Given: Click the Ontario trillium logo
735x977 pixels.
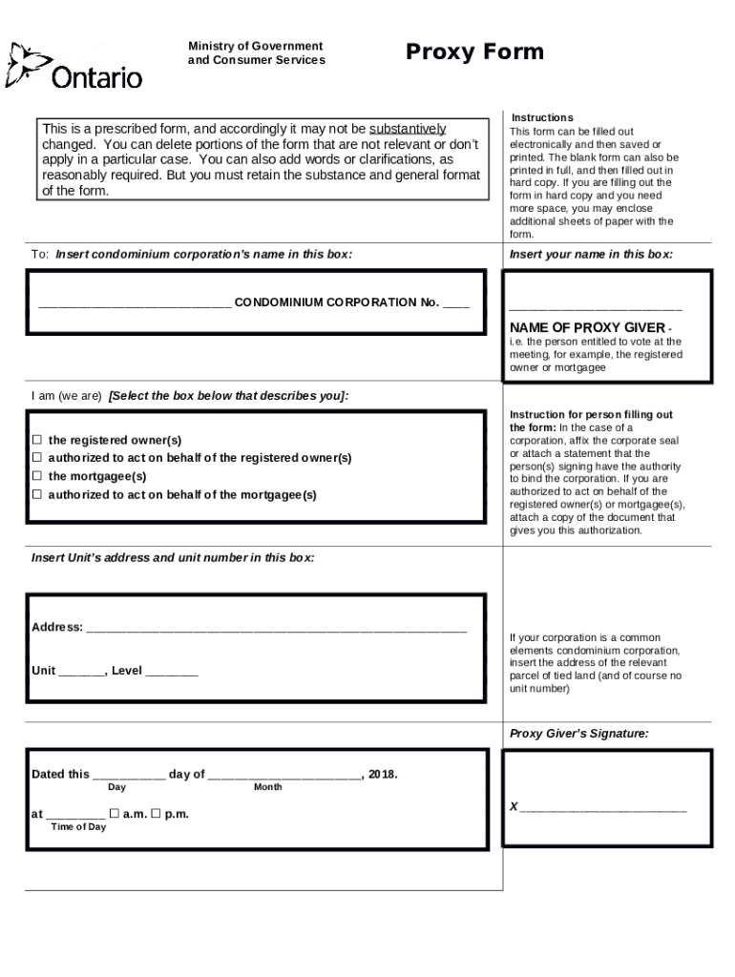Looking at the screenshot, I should [25, 66].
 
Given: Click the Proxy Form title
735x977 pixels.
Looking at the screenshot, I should [474, 52].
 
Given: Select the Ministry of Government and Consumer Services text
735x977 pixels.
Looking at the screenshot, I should [256, 53].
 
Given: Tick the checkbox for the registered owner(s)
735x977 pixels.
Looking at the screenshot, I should [37, 440].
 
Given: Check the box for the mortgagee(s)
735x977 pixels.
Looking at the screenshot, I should [37, 476].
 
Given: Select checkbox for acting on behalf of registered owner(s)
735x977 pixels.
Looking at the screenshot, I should [37, 458].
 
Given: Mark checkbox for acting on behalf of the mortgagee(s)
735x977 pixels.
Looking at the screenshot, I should [37, 494].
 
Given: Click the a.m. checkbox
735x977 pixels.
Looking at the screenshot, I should [114, 814].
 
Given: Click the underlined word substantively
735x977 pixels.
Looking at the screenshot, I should [408, 129].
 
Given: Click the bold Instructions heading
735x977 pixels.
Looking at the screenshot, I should [541, 117].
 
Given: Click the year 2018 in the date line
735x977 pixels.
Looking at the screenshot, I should [380, 774].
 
